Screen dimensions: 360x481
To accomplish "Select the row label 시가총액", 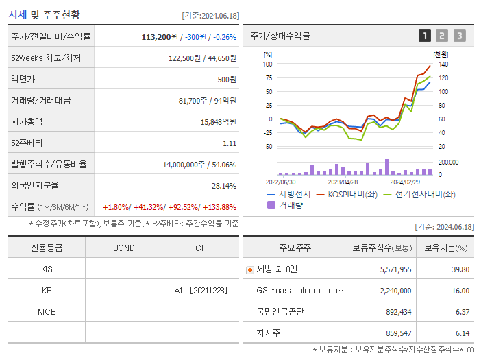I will (x=27, y=121).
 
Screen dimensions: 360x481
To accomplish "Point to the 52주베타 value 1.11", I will (x=230, y=143).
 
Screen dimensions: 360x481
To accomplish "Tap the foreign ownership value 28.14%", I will (x=223, y=186).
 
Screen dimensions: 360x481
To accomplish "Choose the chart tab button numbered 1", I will (x=425, y=36).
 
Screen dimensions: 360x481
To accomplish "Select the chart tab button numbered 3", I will (x=459, y=36).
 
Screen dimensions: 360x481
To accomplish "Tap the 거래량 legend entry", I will (x=291, y=204).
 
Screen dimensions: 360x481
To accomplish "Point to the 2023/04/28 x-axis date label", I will (x=343, y=182).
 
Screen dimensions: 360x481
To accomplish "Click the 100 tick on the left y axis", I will (x=268, y=64).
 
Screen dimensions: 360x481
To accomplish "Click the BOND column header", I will (x=123, y=248).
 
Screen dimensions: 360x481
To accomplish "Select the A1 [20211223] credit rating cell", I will (x=200, y=290).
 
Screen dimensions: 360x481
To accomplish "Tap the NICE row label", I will (x=47, y=311).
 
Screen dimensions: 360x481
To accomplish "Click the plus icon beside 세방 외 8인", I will (x=250, y=269).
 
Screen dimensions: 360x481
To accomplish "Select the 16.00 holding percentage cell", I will (x=460, y=290).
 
